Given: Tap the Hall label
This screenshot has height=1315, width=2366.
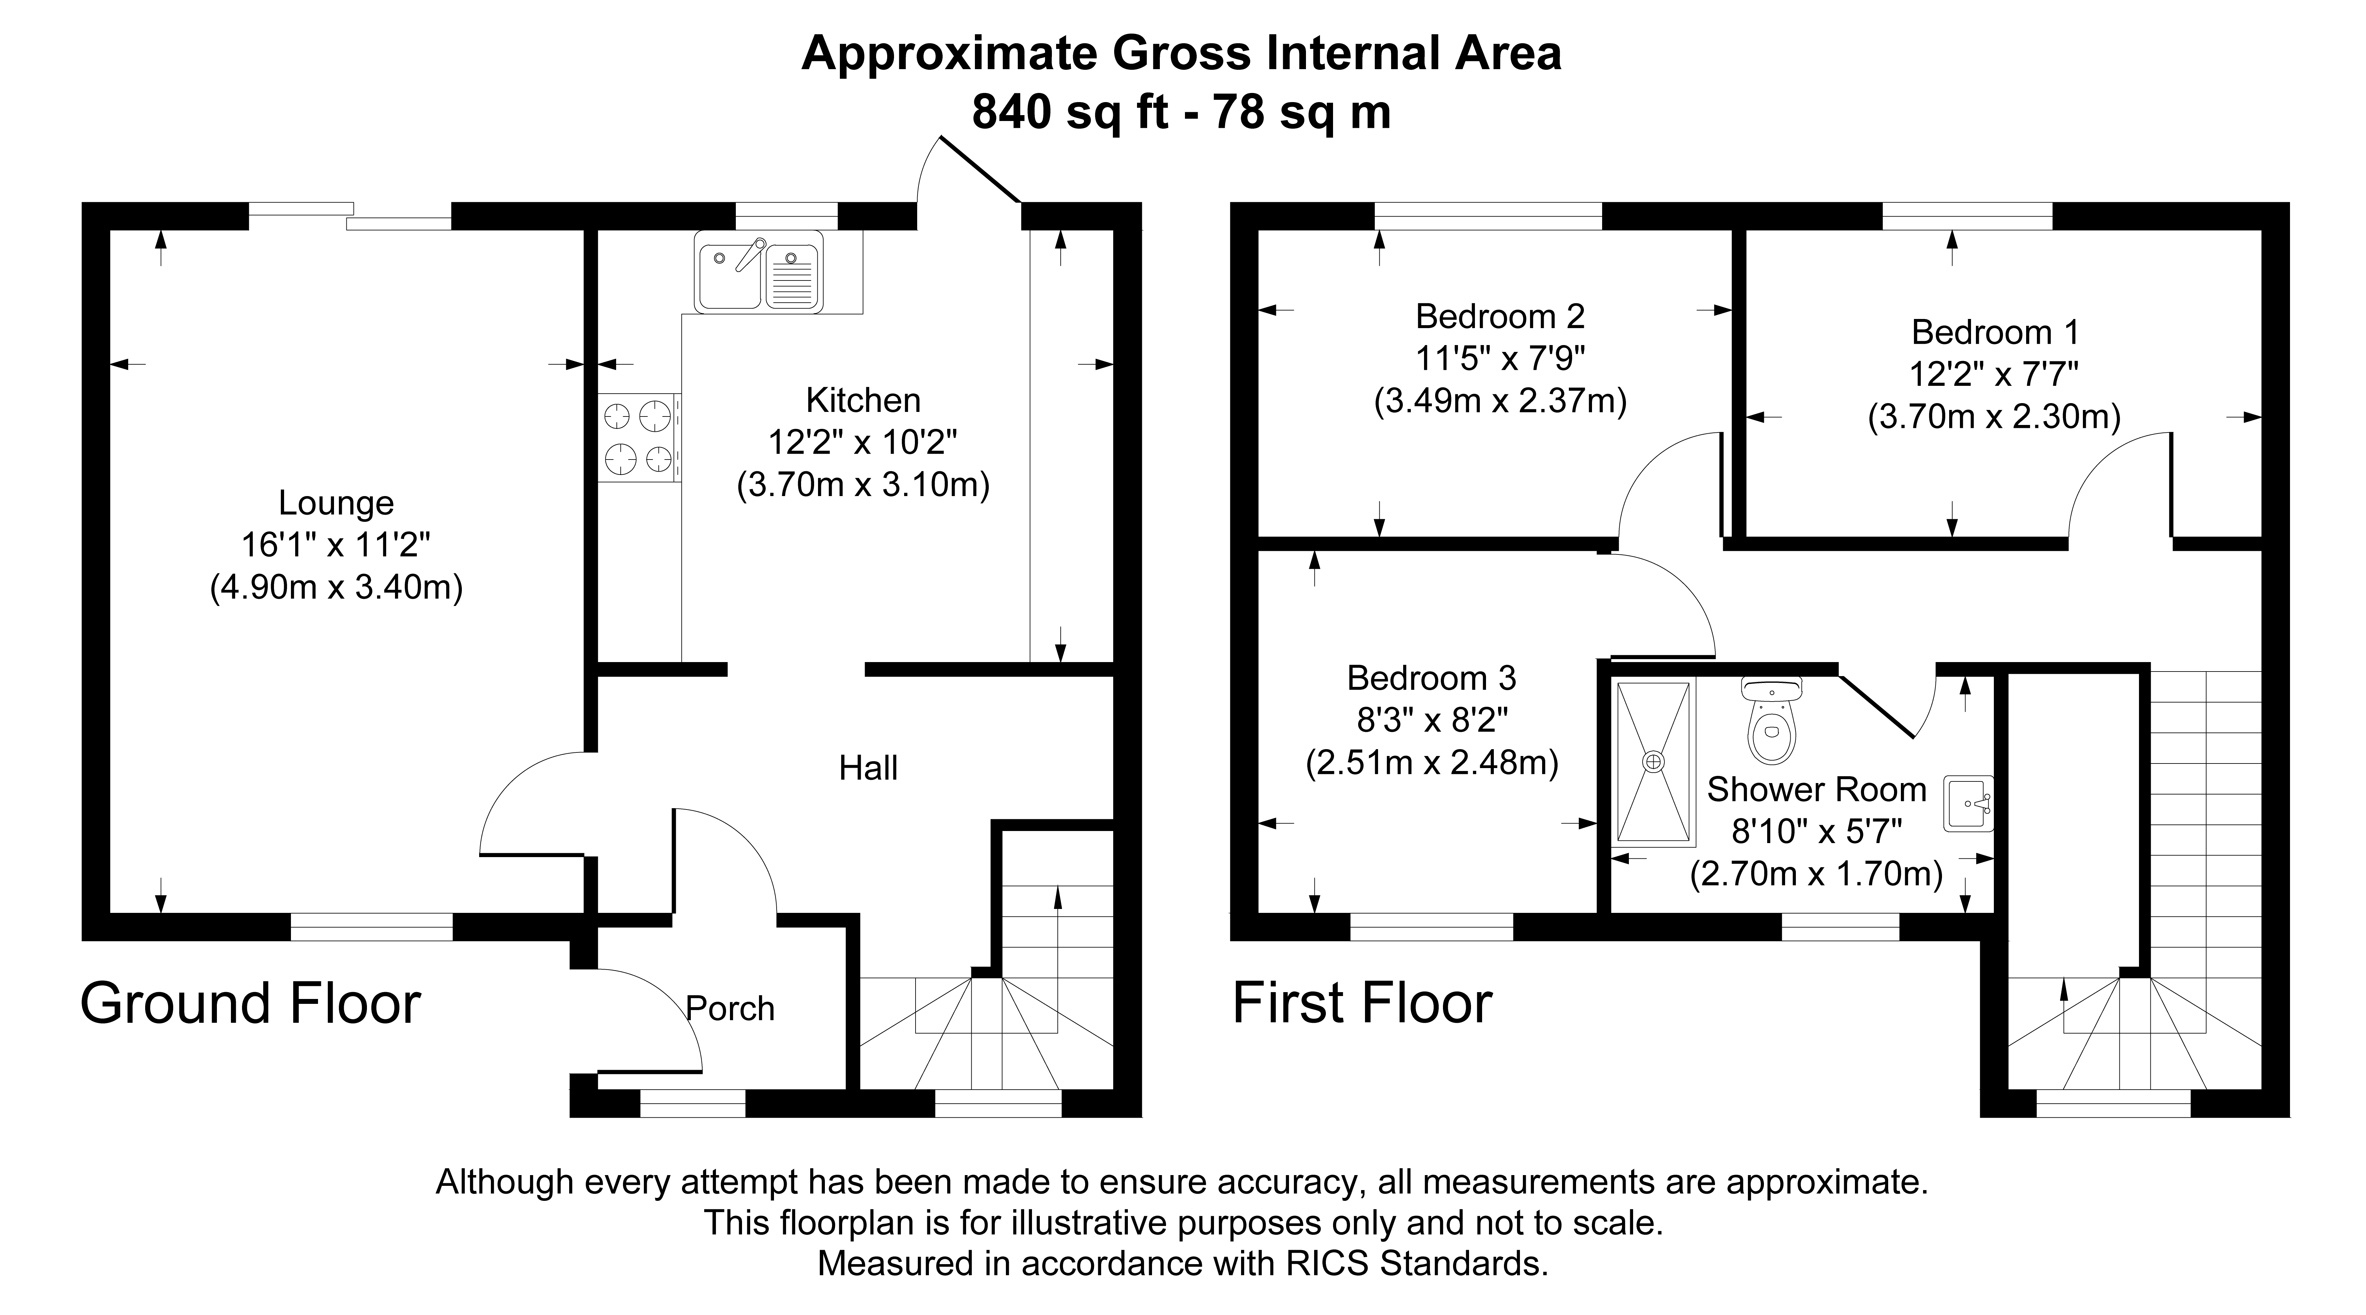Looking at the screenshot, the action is [868, 768].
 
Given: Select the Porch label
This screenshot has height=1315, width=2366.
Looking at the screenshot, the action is [730, 1008].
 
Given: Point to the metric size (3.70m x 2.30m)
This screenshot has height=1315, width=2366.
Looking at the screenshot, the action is [1994, 417].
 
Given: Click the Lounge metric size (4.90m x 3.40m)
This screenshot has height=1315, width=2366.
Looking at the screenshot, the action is [336, 587].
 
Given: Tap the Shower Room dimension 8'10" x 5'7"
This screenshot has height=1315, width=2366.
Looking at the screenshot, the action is [1816, 831].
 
